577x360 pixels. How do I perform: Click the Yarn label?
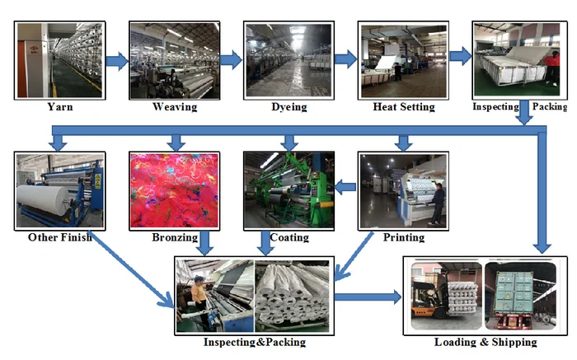tap(59, 106)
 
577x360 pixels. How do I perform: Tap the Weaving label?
tap(174, 106)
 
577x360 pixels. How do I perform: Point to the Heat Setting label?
tap(403, 106)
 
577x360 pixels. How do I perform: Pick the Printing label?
tap(403, 237)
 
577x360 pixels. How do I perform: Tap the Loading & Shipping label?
tap(485, 341)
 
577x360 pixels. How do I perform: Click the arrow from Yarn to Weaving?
tap(116, 60)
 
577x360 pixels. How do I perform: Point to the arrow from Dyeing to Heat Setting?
tap(345, 60)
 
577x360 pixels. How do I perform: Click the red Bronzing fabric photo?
tap(174, 190)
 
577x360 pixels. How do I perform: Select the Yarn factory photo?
tap(60, 60)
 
